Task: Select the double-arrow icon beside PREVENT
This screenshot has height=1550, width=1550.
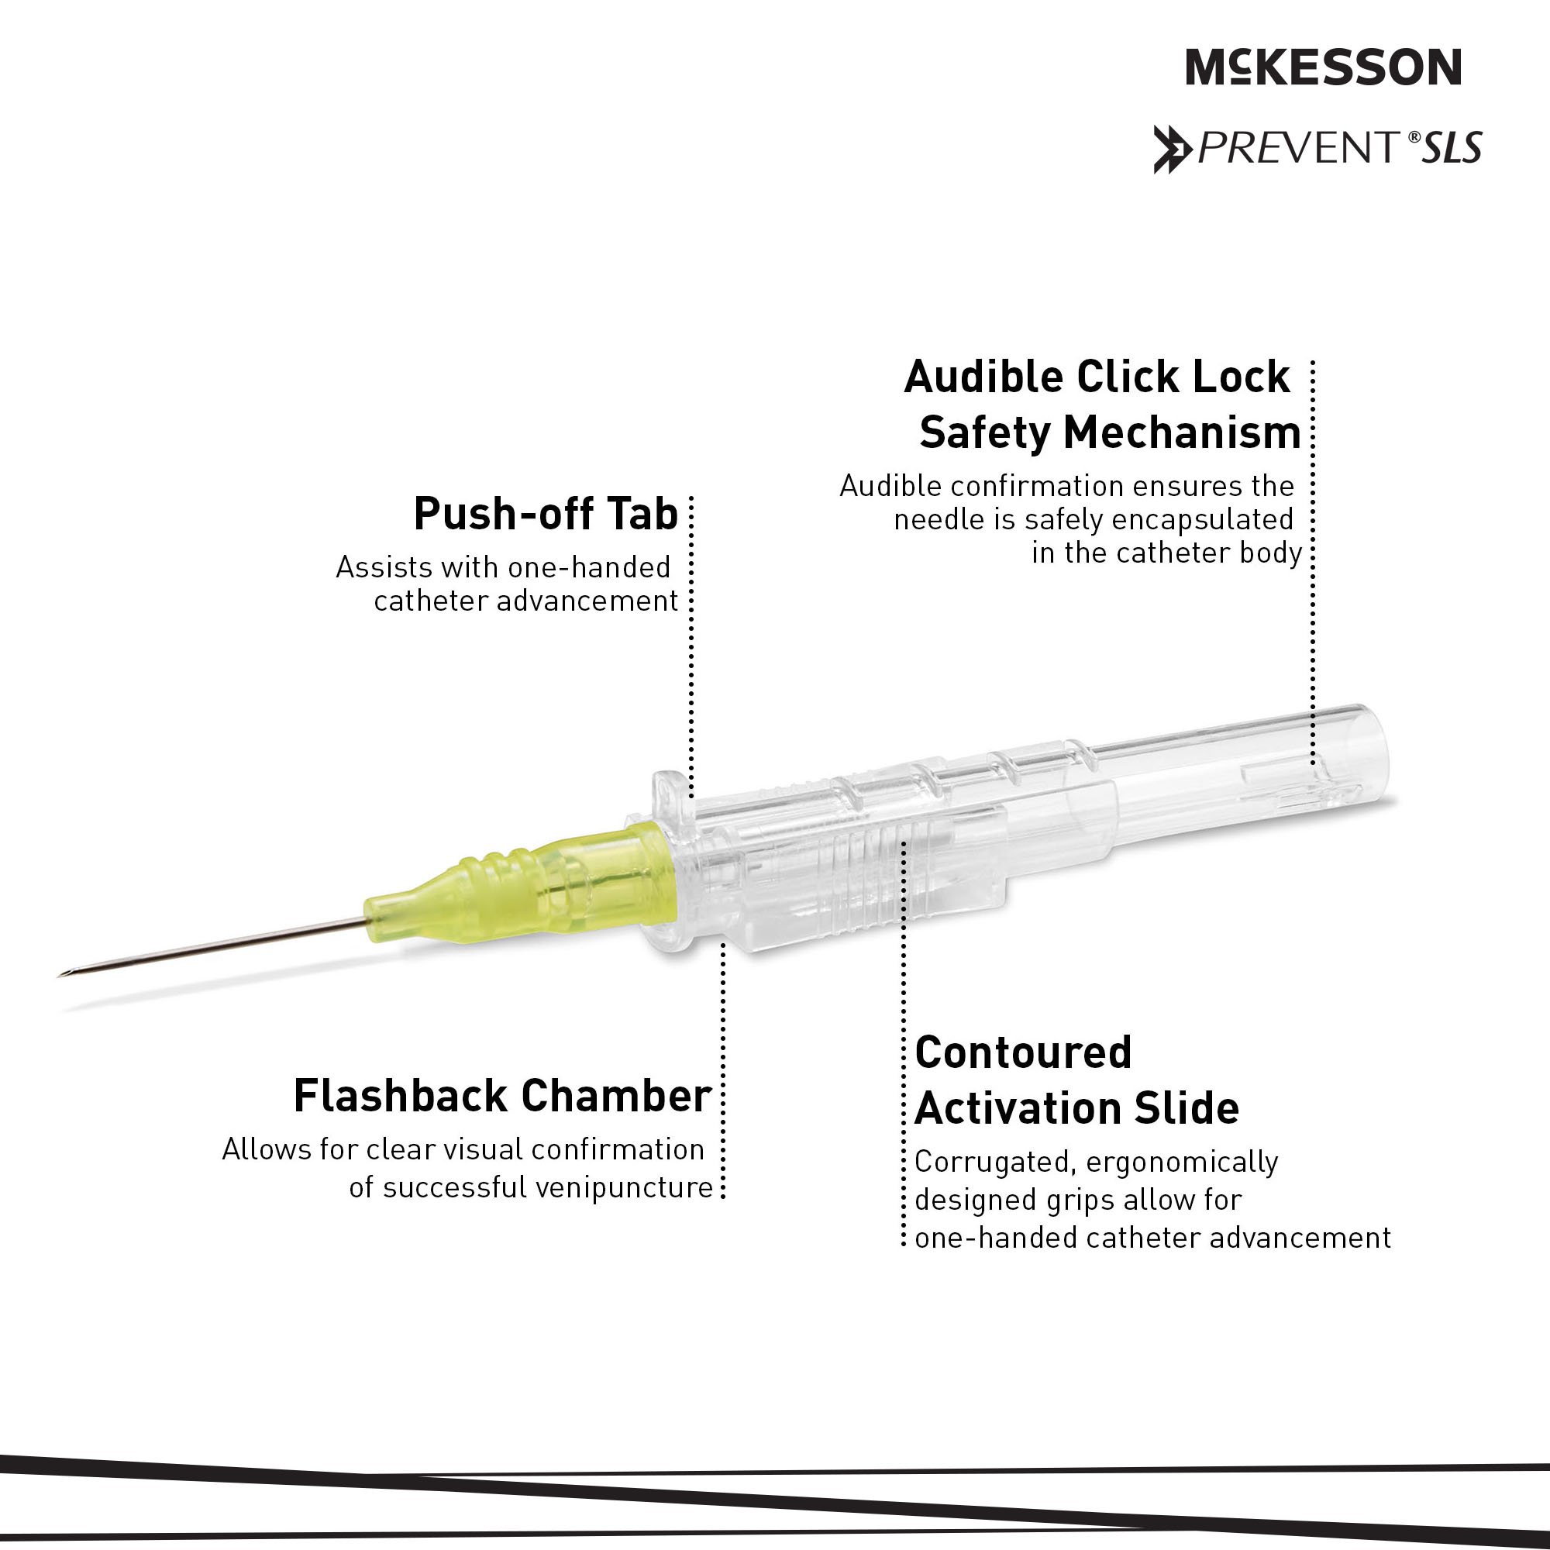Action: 1172,150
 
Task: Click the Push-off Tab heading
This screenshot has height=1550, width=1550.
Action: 546,514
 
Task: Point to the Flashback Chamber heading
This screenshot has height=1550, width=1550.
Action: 502,1095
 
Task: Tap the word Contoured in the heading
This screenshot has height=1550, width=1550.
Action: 1023,1052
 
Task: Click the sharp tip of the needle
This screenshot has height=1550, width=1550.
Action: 60,975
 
